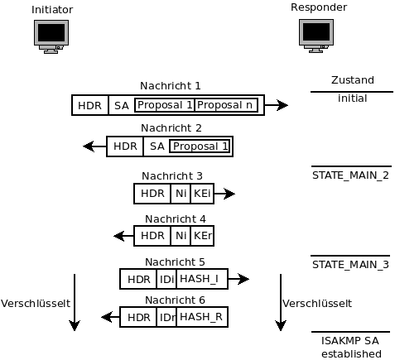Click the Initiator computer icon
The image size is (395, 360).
tap(51, 36)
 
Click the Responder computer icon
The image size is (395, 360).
tap(316, 36)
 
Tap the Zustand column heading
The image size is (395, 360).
tap(353, 80)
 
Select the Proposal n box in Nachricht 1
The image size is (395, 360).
tap(226, 105)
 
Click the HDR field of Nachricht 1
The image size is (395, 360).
tap(90, 105)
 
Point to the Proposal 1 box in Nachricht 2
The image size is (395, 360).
tap(200, 146)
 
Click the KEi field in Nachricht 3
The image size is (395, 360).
tap(202, 194)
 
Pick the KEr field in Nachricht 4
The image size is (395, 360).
tap(202, 236)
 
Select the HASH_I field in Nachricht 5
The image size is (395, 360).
tap(202, 279)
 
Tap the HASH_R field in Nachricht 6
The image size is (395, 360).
tap(202, 317)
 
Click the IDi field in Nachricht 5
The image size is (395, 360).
tap(166, 279)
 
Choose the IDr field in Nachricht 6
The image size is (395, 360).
tap(166, 317)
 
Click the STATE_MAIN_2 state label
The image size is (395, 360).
tap(350, 175)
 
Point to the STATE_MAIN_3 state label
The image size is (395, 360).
tap(350, 265)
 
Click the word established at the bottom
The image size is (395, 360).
tap(351, 353)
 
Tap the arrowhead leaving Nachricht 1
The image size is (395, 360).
tap(282, 105)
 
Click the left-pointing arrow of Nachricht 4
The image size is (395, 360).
tap(123, 236)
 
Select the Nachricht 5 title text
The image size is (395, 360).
tap(175, 262)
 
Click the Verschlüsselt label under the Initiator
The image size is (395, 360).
tap(36, 304)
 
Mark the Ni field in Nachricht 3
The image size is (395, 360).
tap(181, 194)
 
